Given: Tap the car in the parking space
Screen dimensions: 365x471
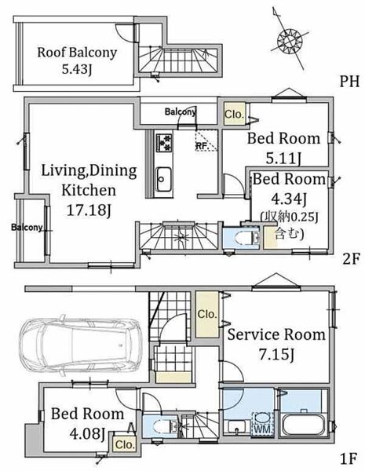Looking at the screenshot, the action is pyautogui.click(x=81, y=343).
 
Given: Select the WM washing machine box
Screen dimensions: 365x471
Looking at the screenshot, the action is pyautogui.click(x=262, y=424).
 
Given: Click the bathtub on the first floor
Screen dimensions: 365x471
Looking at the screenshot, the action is pyautogui.click(x=304, y=425).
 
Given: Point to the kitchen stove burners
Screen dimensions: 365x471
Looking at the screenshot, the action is pyautogui.click(x=164, y=143).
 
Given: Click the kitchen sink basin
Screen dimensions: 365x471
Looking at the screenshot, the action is pyautogui.click(x=164, y=179).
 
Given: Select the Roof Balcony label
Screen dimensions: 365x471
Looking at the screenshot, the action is pyautogui.click(x=77, y=53).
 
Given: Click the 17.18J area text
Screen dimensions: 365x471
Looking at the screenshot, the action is pyautogui.click(x=89, y=210).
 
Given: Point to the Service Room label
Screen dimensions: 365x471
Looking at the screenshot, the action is pyautogui.click(x=276, y=334).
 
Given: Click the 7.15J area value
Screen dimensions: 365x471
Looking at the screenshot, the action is pyautogui.click(x=276, y=355).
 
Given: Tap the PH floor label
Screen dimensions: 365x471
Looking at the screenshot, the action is pyautogui.click(x=349, y=81).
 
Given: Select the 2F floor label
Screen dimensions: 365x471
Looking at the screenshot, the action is pyautogui.click(x=351, y=259).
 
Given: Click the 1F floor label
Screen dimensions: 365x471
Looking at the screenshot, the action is pyautogui.click(x=349, y=458).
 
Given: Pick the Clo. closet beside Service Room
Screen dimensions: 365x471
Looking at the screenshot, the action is pyautogui.click(x=207, y=314).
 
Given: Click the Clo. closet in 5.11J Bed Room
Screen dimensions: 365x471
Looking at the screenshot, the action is pyautogui.click(x=235, y=114).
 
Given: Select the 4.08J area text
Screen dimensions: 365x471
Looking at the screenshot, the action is pyautogui.click(x=87, y=433).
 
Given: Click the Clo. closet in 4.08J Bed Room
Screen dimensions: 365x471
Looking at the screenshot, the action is pyautogui.click(x=125, y=444).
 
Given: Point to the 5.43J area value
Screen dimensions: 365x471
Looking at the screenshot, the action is pyautogui.click(x=77, y=69).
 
